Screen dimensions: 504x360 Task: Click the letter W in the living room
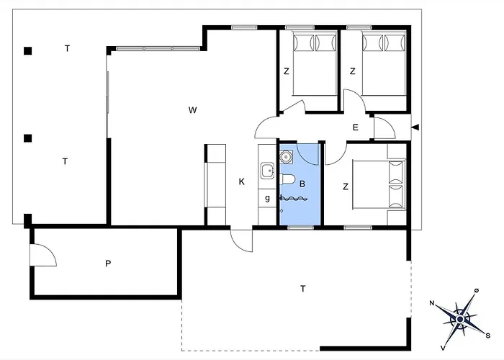[x=192, y=110]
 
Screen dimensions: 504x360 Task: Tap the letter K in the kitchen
[x=242, y=182]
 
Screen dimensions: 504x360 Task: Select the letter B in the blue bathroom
[x=302, y=184]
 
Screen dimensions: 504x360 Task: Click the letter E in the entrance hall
[x=356, y=127]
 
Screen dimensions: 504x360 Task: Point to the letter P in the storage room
[x=108, y=264]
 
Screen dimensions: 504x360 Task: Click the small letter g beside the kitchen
[x=267, y=198]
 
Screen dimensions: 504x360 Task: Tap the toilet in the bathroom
[x=287, y=180]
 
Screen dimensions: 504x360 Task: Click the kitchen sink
[x=267, y=171]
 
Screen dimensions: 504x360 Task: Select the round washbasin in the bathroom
[x=285, y=157]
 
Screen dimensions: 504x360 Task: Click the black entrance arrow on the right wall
[x=415, y=127]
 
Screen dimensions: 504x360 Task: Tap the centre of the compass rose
[x=460, y=319]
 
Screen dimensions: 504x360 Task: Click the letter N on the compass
[x=432, y=303]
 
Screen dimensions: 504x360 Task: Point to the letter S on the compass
[x=487, y=336]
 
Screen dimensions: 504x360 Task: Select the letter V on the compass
[x=443, y=348]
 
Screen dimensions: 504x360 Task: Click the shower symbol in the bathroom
[x=293, y=199]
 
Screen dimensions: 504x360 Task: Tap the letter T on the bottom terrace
[x=303, y=289]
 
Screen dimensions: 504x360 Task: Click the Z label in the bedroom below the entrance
[x=346, y=186]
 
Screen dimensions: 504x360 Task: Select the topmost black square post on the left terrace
[x=27, y=51]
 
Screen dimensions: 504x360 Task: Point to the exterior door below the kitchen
[x=242, y=240]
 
